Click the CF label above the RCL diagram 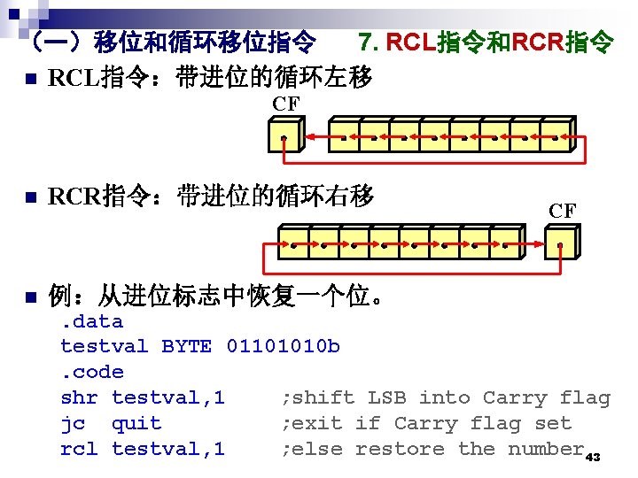tap(285, 104)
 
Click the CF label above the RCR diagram tap(562, 211)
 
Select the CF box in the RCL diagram tap(285, 138)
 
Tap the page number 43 tap(594, 457)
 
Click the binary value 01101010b tap(283, 346)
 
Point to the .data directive tap(91, 321)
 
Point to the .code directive tap(91, 372)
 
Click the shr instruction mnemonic tap(79, 397)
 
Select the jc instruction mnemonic tap(73, 423)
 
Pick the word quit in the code tap(136, 423)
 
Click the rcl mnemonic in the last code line tap(79, 449)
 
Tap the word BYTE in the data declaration tap(186, 346)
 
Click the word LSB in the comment tap(386, 397)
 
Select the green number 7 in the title tap(365, 41)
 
